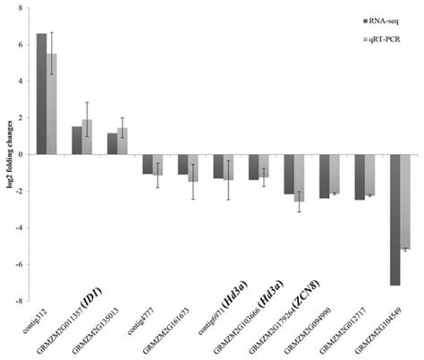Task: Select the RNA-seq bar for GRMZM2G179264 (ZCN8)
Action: pos(288,175)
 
